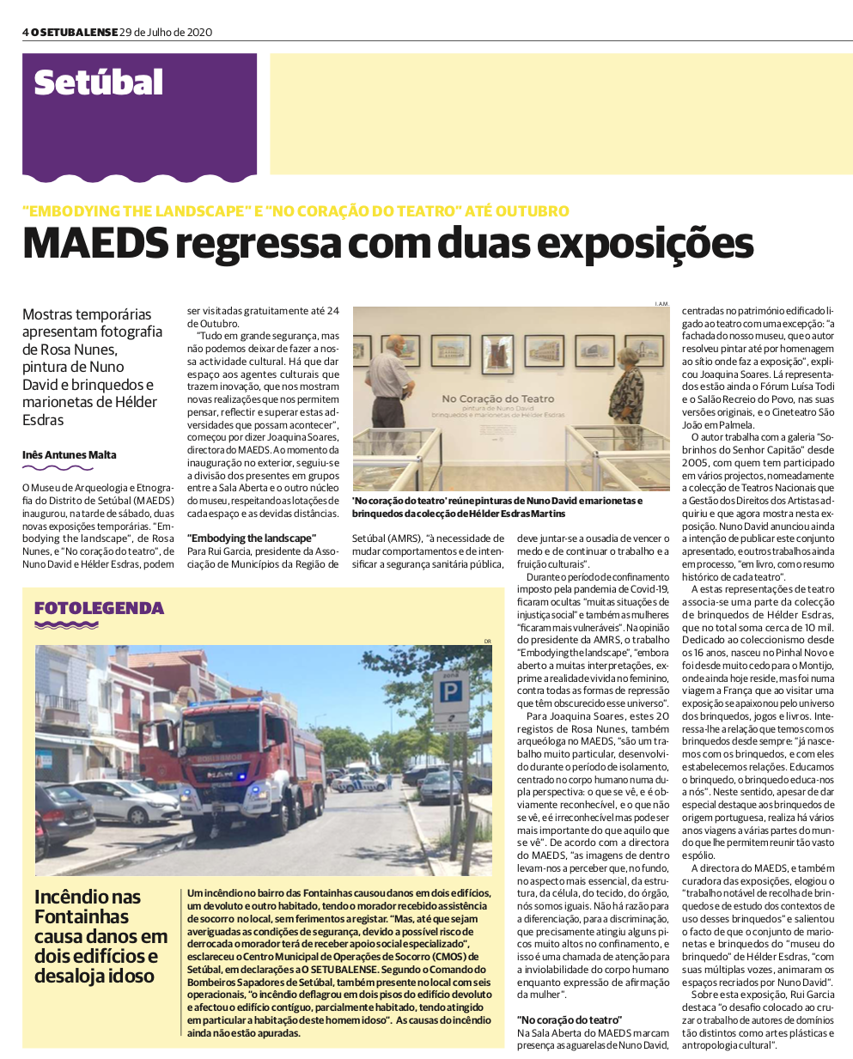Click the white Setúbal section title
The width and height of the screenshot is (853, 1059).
pyautogui.click(x=98, y=83)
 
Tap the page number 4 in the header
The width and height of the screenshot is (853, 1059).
pyautogui.click(x=26, y=33)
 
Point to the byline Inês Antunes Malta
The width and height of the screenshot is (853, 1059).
pyautogui.click(x=70, y=455)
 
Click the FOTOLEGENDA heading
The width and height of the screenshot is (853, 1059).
pyautogui.click(x=99, y=608)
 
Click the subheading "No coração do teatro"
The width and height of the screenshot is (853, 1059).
pyautogui.click(x=570, y=1020)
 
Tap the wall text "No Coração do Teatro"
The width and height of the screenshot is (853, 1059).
pyautogui.click(x=498, y=399)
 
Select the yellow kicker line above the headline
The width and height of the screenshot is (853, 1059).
pyautogui.click(x=296, y=210)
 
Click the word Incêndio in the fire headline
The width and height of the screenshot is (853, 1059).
pyautogui.click(x=76, y=898)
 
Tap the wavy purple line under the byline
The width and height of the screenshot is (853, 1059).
pyautogui.click(x=58, y=468)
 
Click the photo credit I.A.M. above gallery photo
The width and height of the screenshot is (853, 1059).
pyautogui.click(x=661, y=303)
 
